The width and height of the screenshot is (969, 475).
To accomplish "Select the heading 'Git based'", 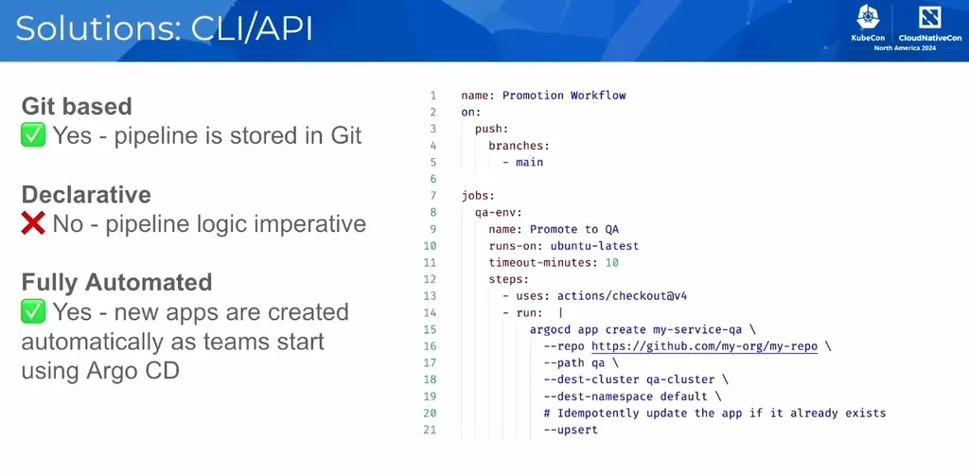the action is pos(77,106).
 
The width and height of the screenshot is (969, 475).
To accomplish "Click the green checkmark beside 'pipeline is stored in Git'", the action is pos(34,136).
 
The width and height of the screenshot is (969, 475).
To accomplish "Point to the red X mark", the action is pos(34,224).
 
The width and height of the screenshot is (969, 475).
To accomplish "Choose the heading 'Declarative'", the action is pos(86,194).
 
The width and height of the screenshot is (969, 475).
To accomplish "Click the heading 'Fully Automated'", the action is pos(116,282).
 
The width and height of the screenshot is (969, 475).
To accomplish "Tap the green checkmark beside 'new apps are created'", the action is pos(34,312).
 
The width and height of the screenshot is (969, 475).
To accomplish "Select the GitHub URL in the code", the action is pos(704,346).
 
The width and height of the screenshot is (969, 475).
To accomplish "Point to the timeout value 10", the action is pos(612,262).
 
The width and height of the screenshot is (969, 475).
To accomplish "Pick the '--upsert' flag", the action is pos(571,431).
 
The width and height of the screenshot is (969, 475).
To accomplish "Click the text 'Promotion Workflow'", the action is pos(564,96).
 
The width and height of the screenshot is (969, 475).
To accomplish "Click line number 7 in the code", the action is pos(432,196).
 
